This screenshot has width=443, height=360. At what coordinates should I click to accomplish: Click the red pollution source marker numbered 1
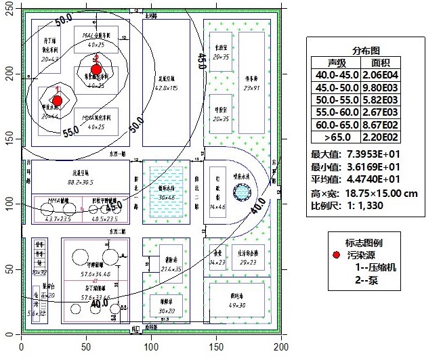(57, 101)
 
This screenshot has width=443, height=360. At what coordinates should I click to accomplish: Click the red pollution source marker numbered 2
(96, 69)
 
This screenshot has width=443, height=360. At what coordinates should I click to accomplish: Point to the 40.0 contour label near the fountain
(258, 205)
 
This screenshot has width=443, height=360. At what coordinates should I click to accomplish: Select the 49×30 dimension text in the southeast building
(237, 305)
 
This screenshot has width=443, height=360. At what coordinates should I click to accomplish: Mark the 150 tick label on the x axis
(215, 347)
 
